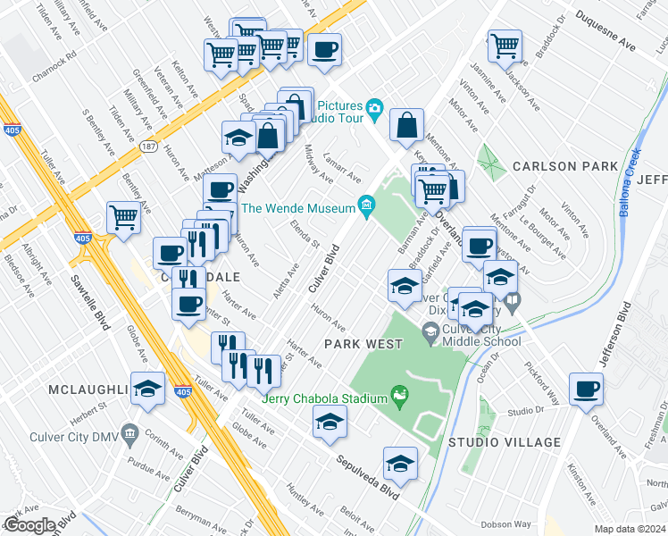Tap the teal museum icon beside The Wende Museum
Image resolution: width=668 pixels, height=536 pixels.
[366, 207]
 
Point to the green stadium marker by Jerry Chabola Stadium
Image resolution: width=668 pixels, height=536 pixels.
[399, 394]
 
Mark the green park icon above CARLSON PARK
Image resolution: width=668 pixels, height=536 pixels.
[490, 161]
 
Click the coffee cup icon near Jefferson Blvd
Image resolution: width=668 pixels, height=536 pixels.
[586, 389]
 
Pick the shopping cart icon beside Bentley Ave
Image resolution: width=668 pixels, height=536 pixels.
[123, 216]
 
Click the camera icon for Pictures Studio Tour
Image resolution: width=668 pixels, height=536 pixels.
[375, 108]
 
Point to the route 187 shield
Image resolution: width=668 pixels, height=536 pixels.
[147, 146]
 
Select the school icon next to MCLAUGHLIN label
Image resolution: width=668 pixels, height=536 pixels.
[147, 389]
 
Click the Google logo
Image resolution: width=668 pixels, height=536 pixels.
[29, 525]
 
